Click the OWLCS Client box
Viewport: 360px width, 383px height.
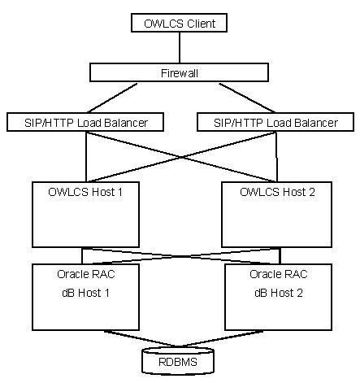tap(179, 24)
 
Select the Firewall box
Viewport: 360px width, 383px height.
tap(179, 72)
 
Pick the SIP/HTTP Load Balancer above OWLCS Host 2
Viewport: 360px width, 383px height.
tap(276, 122)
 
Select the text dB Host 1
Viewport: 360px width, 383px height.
tap(85, 291)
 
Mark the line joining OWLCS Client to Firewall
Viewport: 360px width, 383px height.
tap(179, 48)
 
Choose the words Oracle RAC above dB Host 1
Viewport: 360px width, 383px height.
tap(85, 274)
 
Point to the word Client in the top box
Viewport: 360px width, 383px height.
tap(199, 24)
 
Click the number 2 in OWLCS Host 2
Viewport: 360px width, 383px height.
tap(307, 192)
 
